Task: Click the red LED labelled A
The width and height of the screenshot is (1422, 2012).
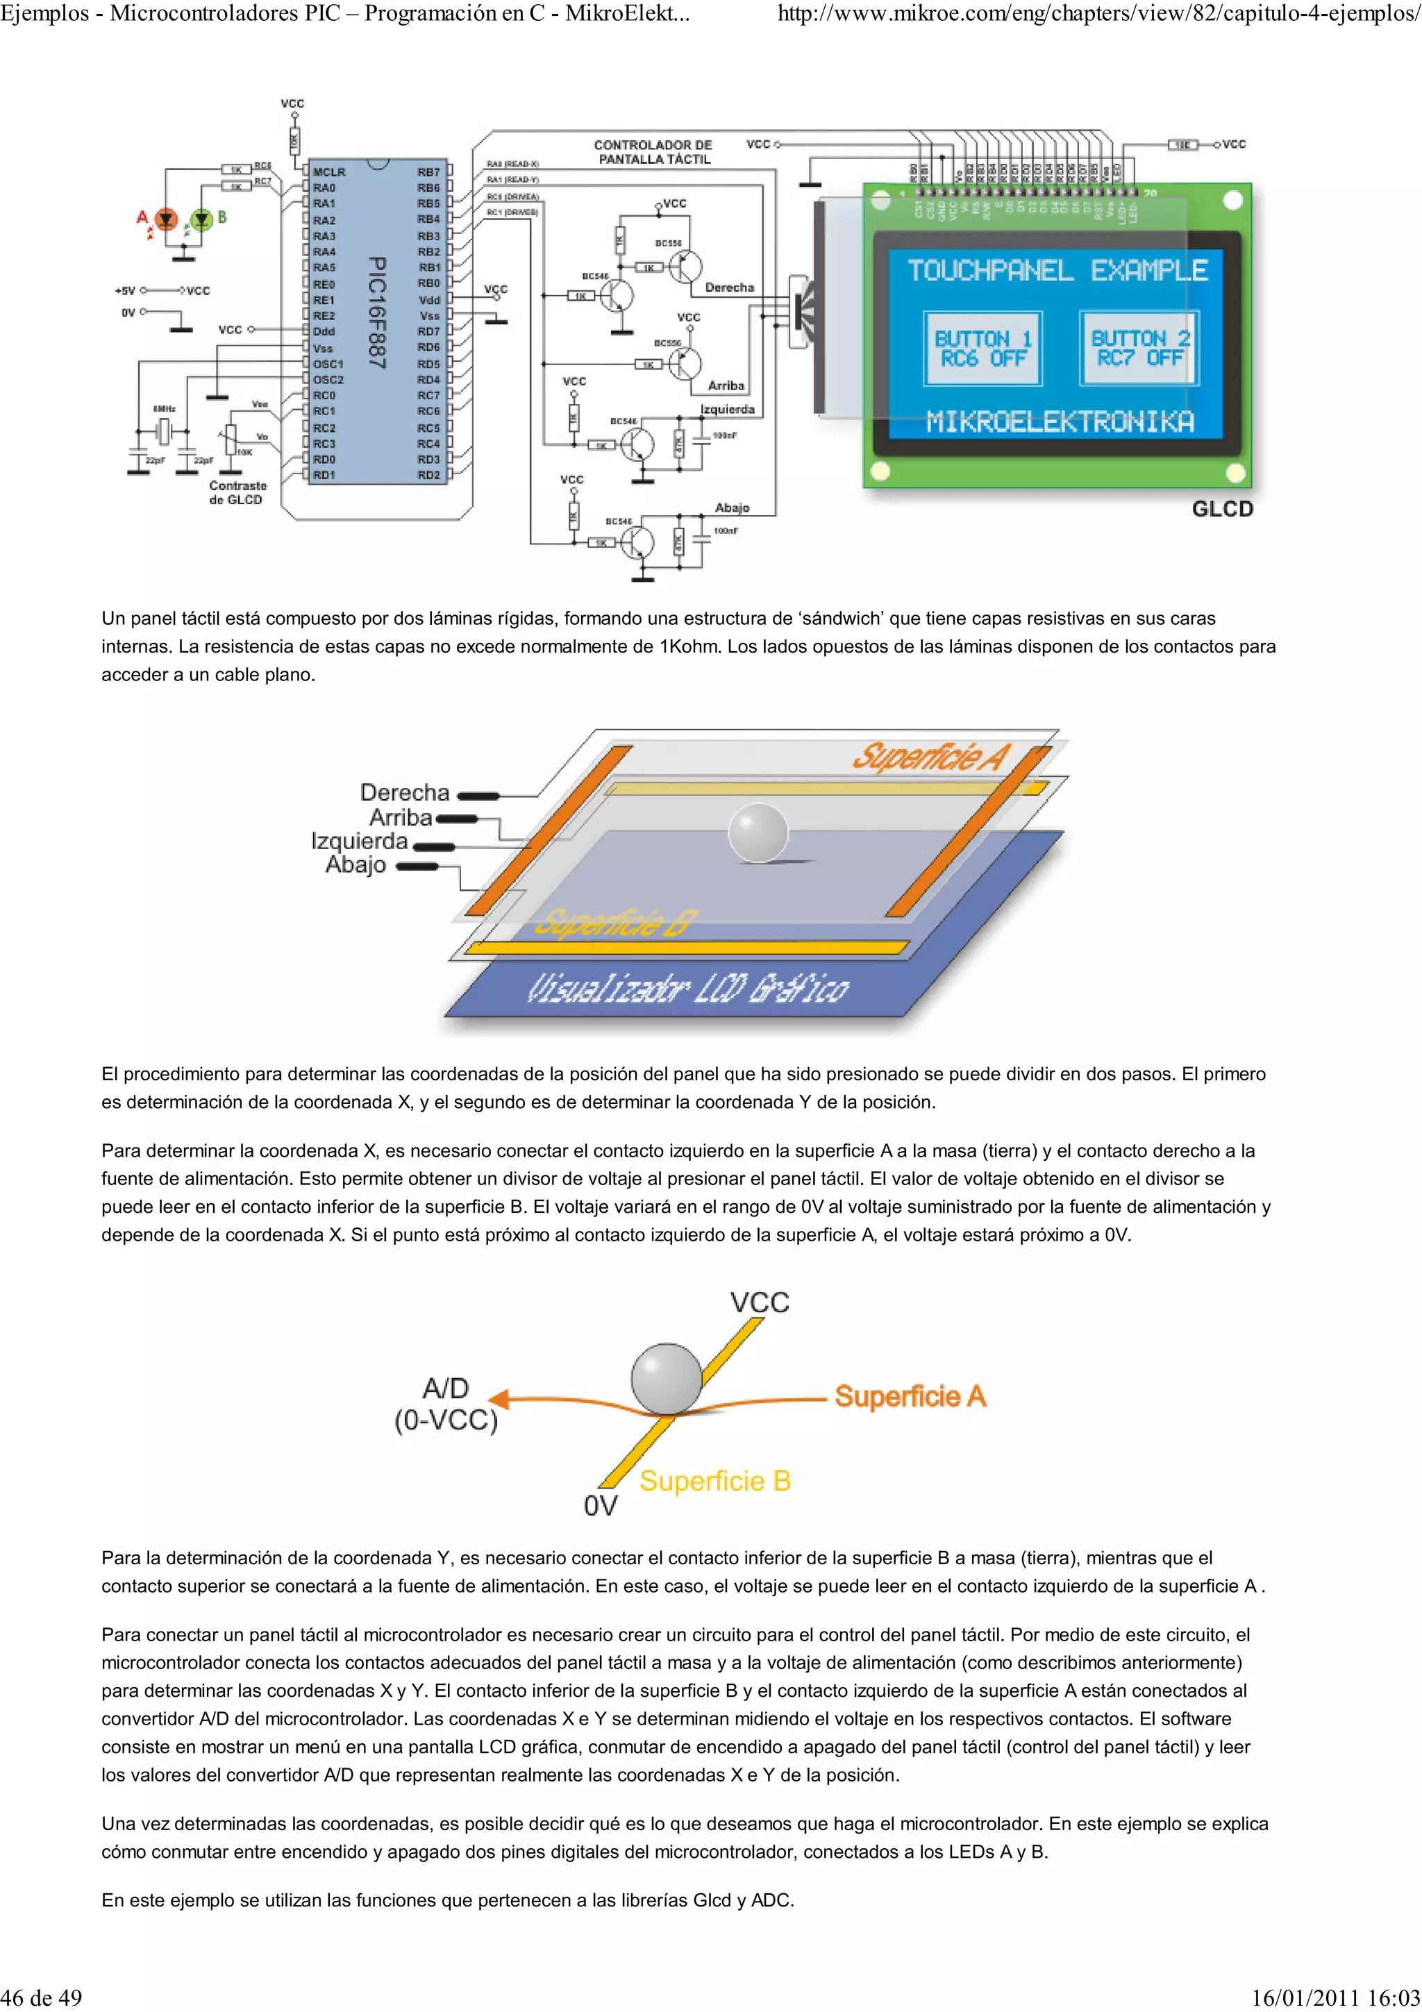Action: pyautogui.click(x=165, y=219)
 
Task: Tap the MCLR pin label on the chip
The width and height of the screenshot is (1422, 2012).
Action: pyautogui.click(x=328, y=171)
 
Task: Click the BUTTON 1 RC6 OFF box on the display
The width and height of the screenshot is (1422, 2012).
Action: pyautogui.click(x=982, y=348)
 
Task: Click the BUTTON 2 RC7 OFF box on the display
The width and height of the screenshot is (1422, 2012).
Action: pyautogui.click(x=1138, y=348)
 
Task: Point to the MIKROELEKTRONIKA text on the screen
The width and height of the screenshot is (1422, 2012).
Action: pyautogui.click(x=1060, y=422)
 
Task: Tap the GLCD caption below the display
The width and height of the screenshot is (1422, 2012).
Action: pyautogui.click(x=1222, y=509)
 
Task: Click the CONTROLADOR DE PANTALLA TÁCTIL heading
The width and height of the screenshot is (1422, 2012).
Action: pyautogui.click(x=653, y=151)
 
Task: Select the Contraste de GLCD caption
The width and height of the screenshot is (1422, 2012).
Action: pyautogui.click(x=237, y=492)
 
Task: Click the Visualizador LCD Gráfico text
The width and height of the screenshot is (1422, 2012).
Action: pyautogui.click(x=688, y=989)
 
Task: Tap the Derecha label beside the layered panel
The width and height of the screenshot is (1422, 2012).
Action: pyautogui.click(x=404, y=792)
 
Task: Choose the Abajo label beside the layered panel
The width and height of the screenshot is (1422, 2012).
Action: pyautogui.click(x=355, y=865)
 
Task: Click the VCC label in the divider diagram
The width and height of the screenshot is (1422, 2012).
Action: pyautogui.click(x=760, y=1302)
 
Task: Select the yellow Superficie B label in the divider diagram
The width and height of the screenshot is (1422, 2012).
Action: pyautogui.click(x=715, y=1481)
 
